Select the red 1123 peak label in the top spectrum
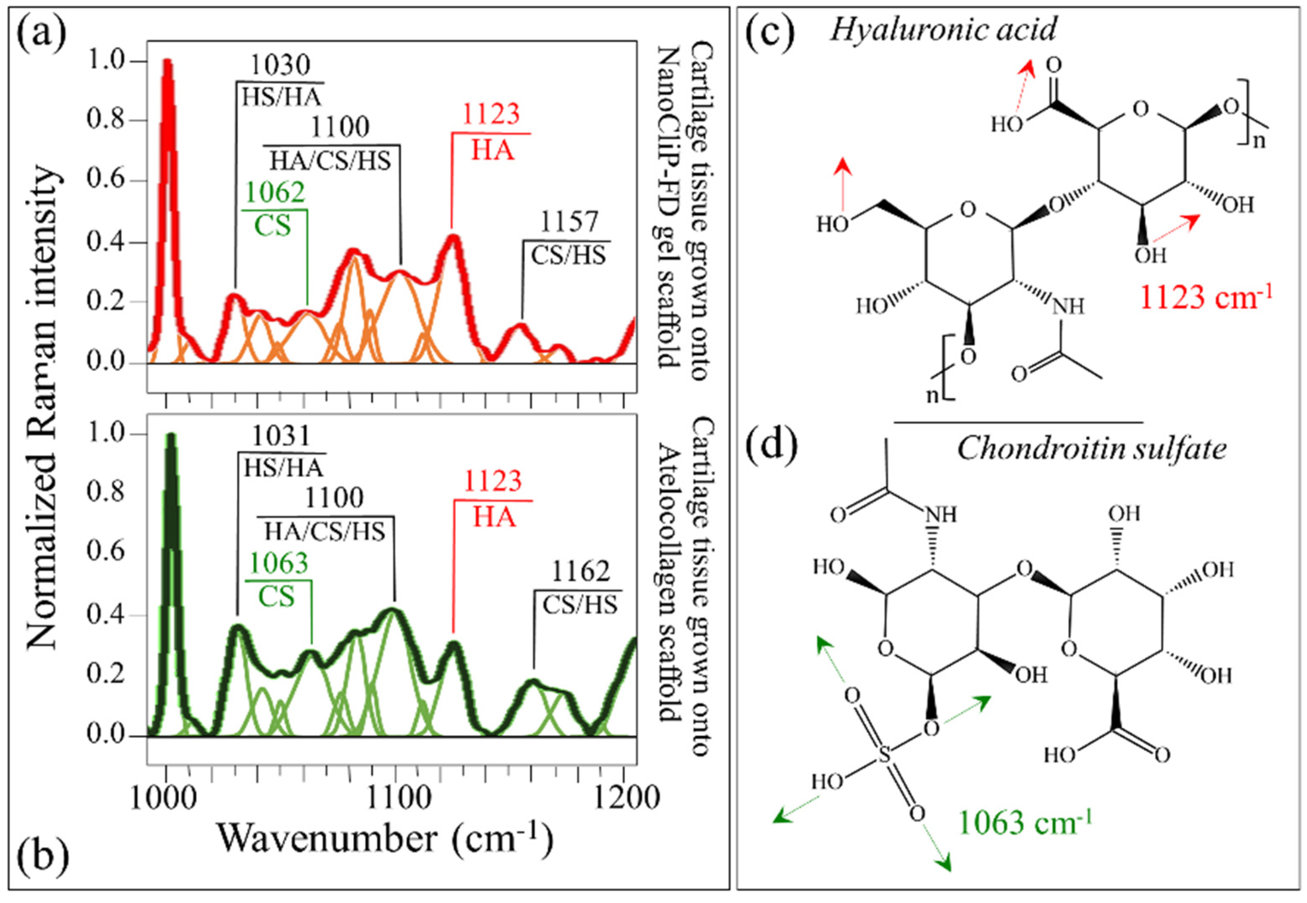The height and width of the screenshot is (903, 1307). click(491, 114)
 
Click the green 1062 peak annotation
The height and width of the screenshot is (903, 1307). click(275, 192)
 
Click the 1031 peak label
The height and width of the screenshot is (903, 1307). click(281, 436)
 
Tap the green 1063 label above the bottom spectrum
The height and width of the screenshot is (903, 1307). click(278, 563)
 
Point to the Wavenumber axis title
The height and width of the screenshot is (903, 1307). click(385, 839)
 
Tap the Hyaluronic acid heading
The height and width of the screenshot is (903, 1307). click(943, 29)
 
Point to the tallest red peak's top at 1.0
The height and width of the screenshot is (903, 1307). click(167, 61)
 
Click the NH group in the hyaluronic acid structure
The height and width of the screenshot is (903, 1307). click(1068, 306)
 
